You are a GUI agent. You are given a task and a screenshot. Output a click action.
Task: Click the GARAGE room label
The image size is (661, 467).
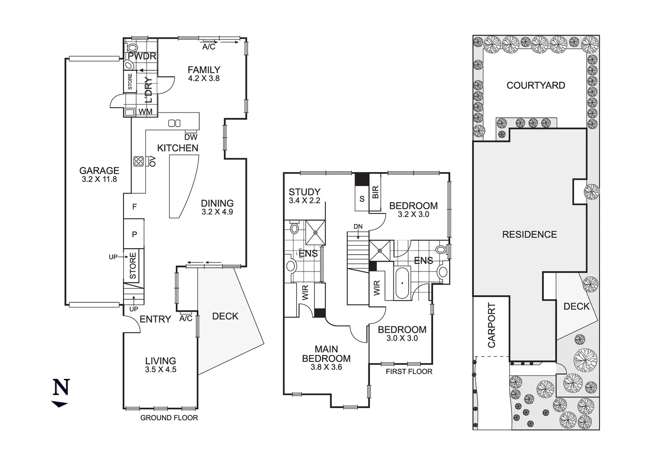click(99, 171)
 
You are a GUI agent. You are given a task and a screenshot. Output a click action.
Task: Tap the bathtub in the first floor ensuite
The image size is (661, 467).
click(402, 283)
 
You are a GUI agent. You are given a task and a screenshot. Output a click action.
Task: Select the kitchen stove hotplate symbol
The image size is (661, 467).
click(139, 161)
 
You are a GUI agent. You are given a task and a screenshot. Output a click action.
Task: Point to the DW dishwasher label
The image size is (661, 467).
click(191, 138)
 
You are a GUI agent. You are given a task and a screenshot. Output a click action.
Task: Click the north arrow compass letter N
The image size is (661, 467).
click(61, 387)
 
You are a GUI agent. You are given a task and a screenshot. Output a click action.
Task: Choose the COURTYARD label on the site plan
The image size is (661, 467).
click(536, 85)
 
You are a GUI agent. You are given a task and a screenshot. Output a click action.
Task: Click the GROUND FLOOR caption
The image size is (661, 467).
click(169, 418)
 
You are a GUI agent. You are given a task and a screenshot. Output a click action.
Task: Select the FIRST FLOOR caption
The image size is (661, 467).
click(409, 371)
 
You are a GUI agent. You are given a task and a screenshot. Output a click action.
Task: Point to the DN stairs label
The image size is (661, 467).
click(358, 227)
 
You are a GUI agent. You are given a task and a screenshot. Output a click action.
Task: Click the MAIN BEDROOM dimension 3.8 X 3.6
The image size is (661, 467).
click(326, 367)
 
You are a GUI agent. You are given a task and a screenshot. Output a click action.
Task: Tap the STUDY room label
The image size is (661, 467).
click(304, 192)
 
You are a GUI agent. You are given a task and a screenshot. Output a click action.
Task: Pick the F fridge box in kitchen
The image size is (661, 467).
click(134, 207)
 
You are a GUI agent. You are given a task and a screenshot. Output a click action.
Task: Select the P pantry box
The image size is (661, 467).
click(134, 234)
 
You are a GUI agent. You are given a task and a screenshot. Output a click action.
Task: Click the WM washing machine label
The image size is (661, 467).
click(146, 112)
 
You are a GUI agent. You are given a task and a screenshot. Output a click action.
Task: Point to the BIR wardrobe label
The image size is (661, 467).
click(375, 192)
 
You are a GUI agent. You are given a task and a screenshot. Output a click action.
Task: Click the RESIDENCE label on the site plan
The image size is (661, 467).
click(529, 234)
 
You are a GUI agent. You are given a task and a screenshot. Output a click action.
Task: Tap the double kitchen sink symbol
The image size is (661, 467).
click(174, 123)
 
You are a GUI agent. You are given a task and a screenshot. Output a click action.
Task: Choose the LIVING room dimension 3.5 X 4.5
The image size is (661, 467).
click(160, 370)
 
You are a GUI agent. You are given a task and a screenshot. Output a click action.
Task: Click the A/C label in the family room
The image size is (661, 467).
click(209, 47)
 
